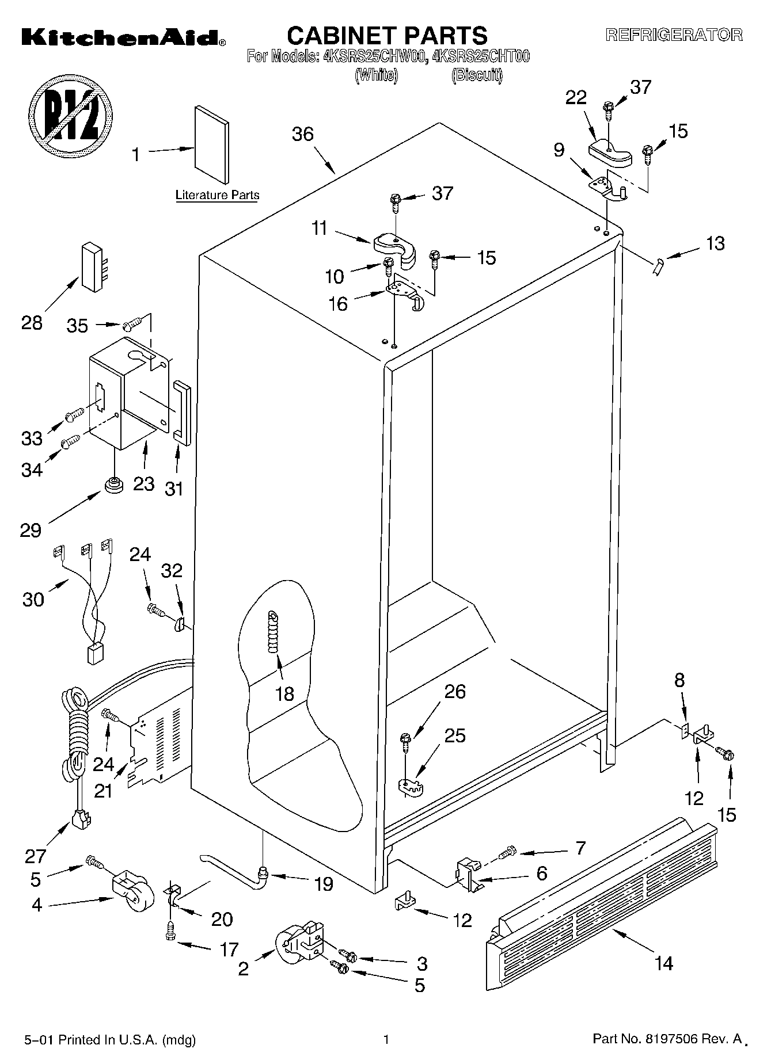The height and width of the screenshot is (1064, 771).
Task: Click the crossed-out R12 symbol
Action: coord(71,115)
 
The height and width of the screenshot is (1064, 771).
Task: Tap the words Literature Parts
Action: coord(217,195)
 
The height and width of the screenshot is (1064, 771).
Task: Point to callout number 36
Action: coord(302,134)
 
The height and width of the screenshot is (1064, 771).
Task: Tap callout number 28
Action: coord(32,323)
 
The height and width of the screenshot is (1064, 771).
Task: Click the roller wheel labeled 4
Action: coord(131,893)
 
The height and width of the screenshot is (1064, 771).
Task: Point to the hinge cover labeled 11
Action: coord(396,248)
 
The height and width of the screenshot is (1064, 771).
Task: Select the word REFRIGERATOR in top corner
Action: coord(673,35)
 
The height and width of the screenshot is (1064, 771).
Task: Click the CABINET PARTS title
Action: coord(387,36)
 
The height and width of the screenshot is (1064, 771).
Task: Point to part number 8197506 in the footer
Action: coord(667,1039)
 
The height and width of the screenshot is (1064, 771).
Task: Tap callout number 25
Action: coord(455,735)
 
